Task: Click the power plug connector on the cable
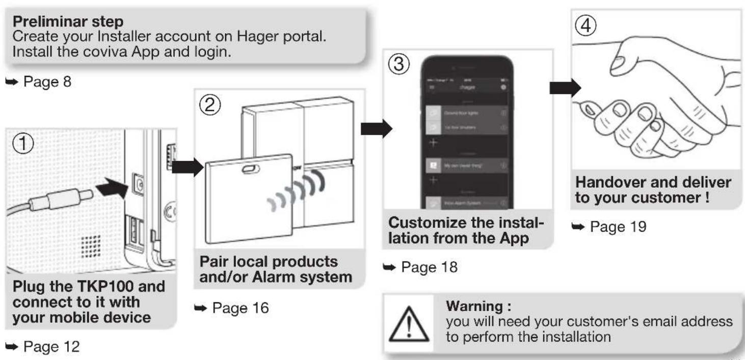click(61, 198)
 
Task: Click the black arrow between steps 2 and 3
click(376, 129)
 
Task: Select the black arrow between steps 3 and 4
click(565, 88)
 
